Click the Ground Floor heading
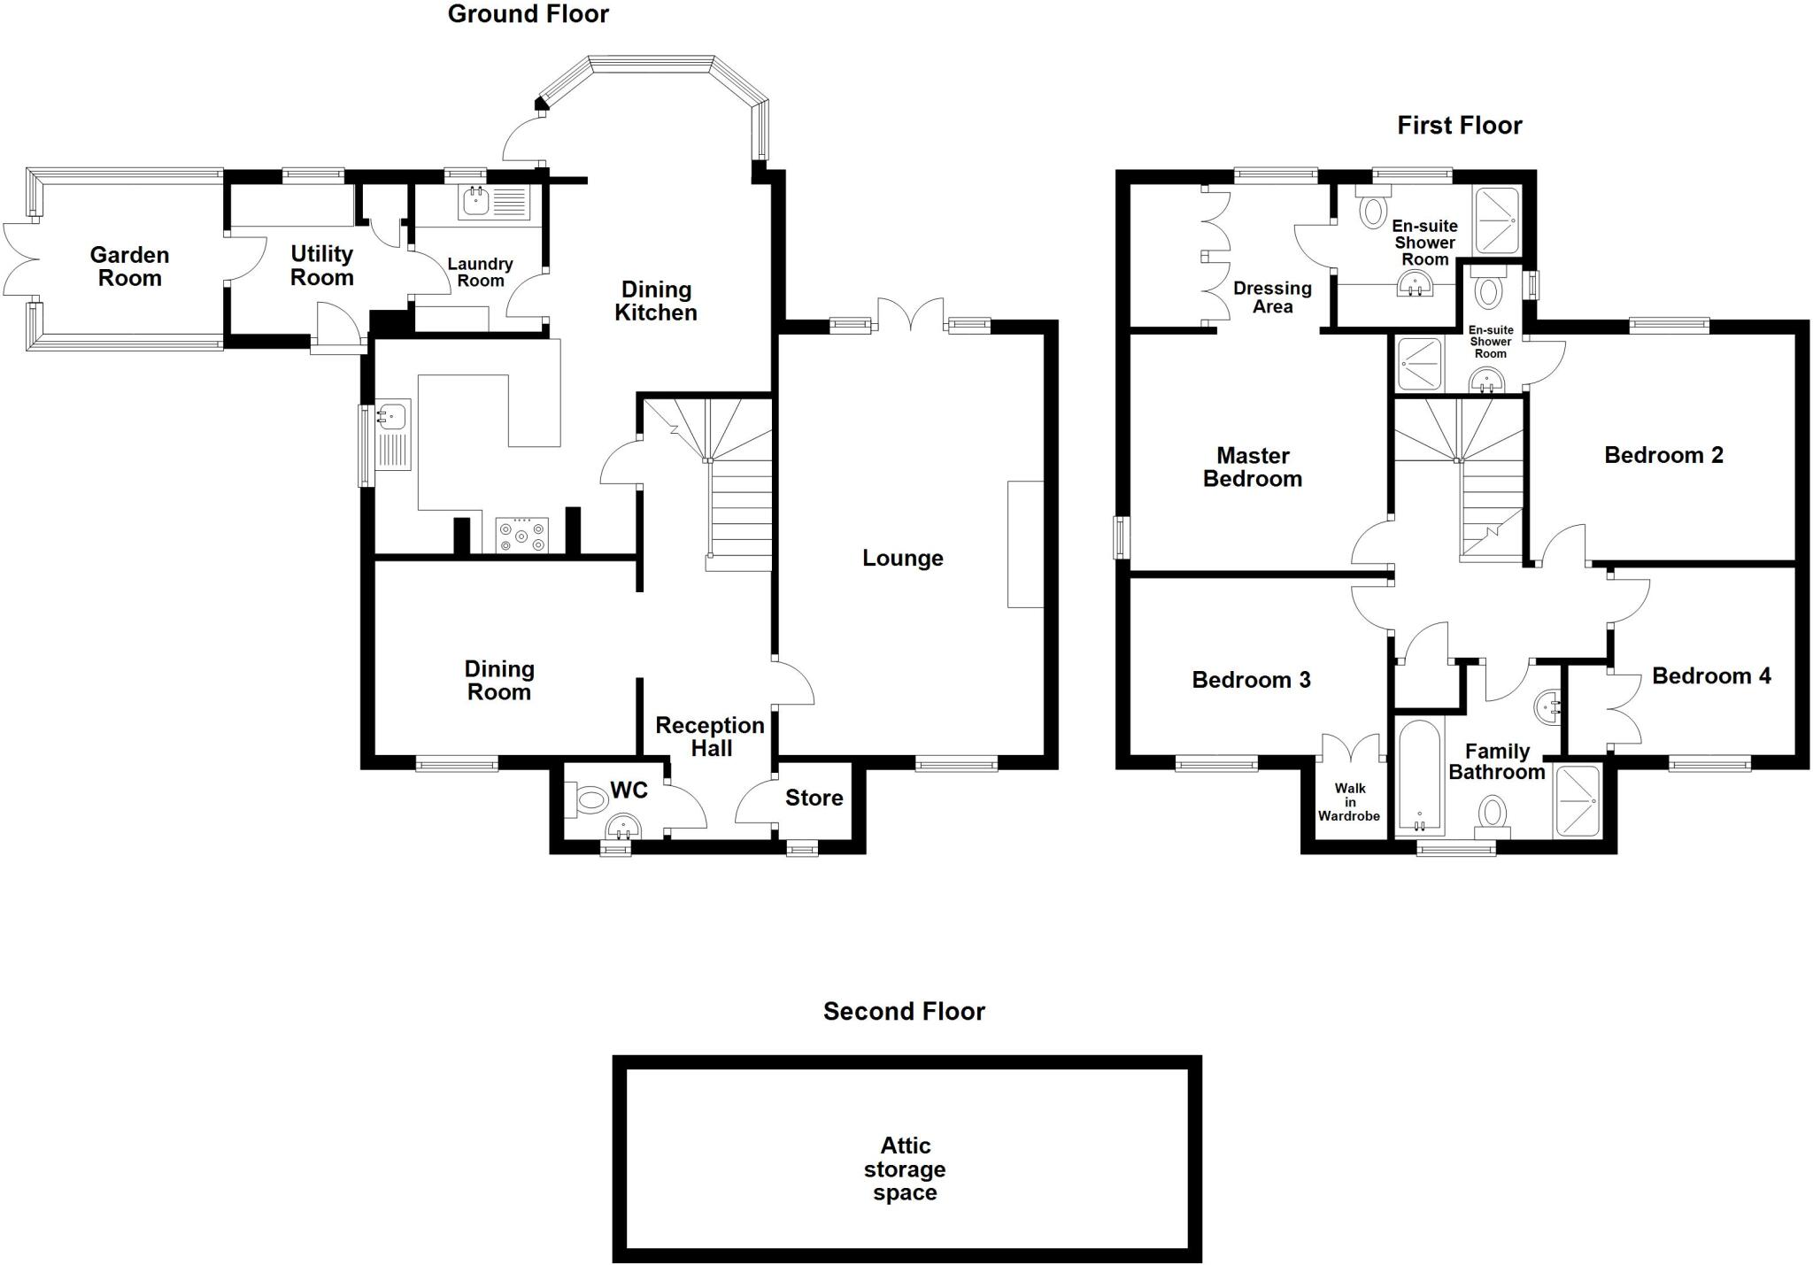coord(528,14)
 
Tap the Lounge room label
coord(902,558)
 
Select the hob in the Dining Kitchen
coord(521,536)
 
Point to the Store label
coord(814,798)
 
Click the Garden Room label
coord(129,266)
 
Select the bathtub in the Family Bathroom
coord(1419,776)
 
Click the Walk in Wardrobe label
coord(1348,801)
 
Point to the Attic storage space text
coord(905,1169)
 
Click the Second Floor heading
coord(903,1011)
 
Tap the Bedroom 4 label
coord(1710,675)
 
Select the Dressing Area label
coord(1272,297)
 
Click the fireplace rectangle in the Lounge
coord(1025,544)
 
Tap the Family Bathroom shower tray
coord(1577,800)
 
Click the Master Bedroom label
coord(1252,467)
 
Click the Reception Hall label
coord(710,737)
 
